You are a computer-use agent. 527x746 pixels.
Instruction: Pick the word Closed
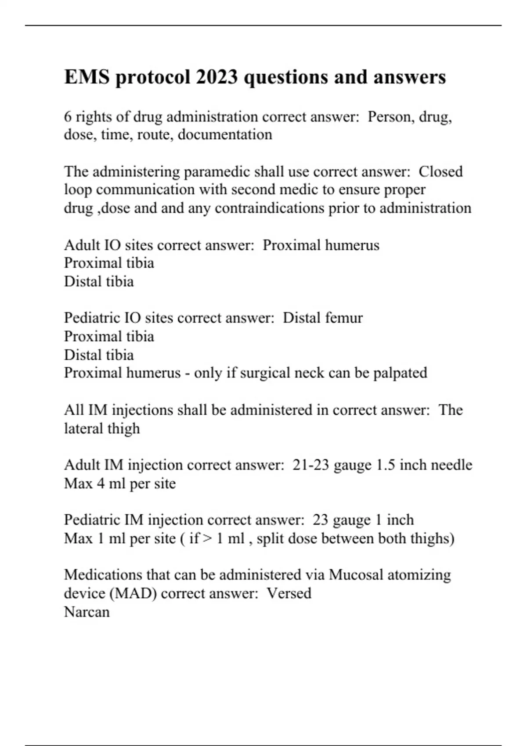click(440, 172)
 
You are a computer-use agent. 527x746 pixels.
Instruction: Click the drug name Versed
click(289, 594)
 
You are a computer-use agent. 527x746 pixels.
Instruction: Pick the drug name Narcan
click(87, 612)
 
